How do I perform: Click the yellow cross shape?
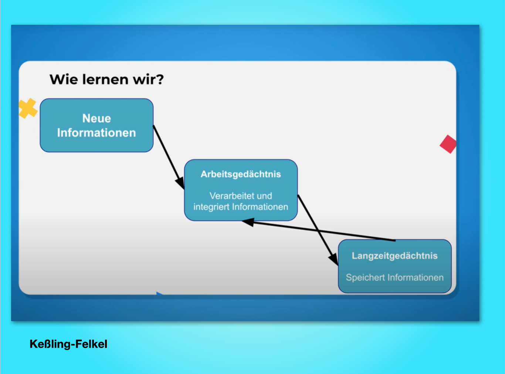coord(28,108)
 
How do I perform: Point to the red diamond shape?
coord(448,144)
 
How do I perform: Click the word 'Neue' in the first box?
coord(96,118)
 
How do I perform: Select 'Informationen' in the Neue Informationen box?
coord(96,133)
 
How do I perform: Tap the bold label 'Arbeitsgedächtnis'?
coord(241,174)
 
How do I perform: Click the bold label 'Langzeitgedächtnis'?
coord(394,256)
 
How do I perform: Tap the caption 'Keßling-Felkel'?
coord(68,344)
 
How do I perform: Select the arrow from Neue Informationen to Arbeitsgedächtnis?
coord(169,157)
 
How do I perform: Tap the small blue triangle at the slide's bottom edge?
coord(159,293)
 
